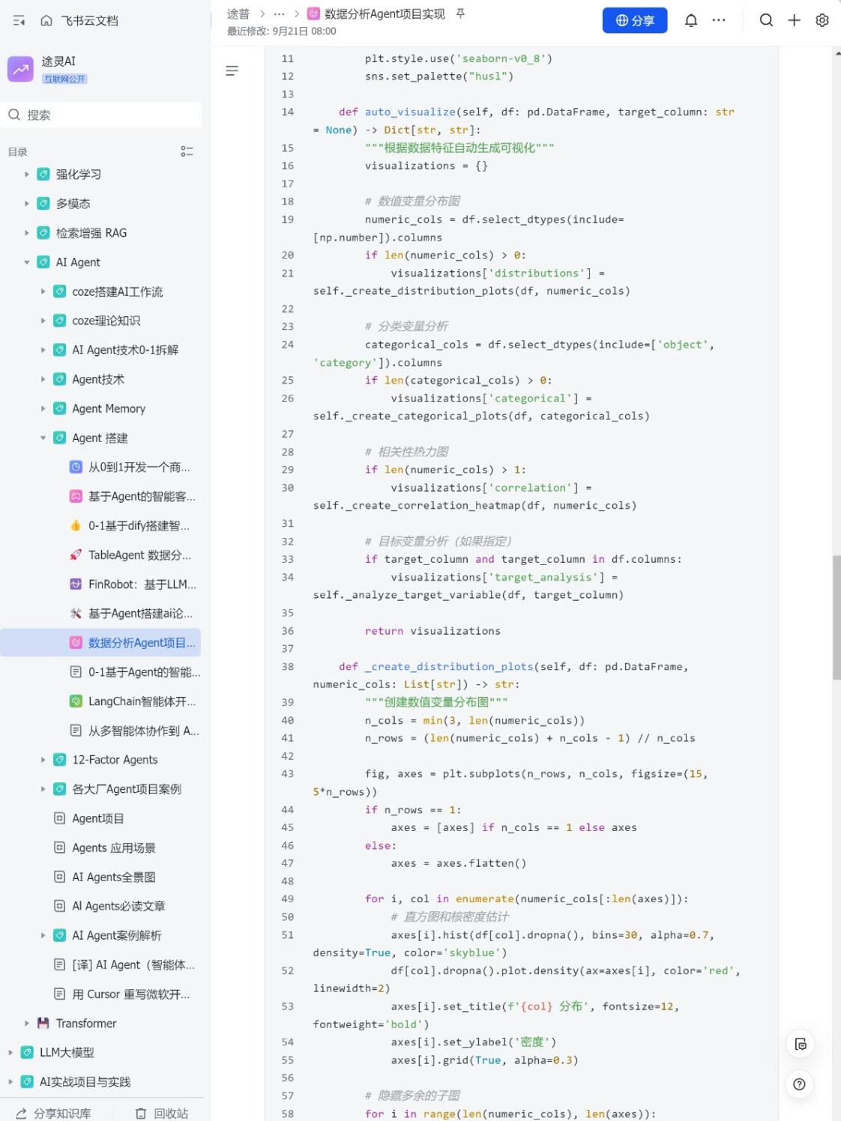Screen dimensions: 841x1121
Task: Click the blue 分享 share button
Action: coord(634,20)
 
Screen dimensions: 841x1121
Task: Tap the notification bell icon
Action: coord(691,20)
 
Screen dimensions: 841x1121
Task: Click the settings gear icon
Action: coord(822,20)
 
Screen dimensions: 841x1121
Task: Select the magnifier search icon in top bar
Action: coord(766,20)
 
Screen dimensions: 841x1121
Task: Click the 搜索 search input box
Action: coord(102,115)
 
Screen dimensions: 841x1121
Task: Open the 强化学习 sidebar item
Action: coord(78,174)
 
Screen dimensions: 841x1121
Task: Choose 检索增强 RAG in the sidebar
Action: coord(91,233)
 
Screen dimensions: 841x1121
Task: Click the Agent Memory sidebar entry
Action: coord(109,408)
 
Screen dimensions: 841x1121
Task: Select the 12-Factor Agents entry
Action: coord(115,759)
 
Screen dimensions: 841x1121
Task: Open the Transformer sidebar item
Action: coord(85,1023)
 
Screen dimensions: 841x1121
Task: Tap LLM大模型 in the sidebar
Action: coord(67,1052)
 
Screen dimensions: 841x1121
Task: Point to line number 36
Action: coord(288,631)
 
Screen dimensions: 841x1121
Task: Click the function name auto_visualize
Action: coord(410,112)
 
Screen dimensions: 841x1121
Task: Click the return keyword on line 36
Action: coord(384,631)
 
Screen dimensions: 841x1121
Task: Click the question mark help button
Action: coord(799,1084)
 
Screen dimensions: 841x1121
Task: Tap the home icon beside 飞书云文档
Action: coord(46,20)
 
